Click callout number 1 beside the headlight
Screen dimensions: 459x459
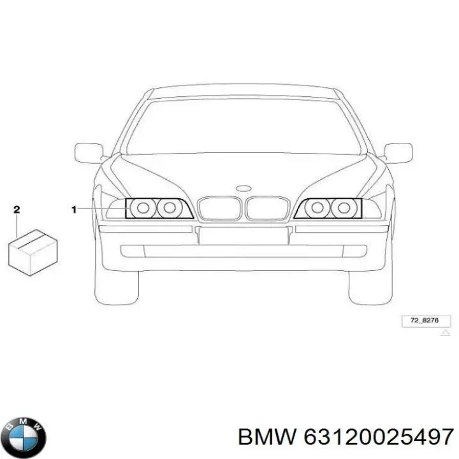coord(74,210)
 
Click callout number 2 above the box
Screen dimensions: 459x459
coord(17,210)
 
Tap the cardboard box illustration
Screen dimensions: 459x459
coord(33,252)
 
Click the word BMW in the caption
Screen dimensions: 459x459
coord(267,437)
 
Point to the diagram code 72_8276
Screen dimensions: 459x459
coord(425,320)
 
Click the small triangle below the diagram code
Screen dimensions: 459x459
coord(445,333)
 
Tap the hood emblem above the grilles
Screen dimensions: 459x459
coord(244,188)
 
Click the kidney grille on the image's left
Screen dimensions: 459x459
coord(219,208)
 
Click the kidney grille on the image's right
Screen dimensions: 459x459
coord(268,208)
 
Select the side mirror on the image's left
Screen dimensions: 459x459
coord(89,153)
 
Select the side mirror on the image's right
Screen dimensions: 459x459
coord(398,153)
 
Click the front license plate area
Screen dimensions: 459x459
coord(244,236)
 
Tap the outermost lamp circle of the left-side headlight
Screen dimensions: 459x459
coord(143,208)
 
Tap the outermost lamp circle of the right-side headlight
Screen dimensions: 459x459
coord(344,208)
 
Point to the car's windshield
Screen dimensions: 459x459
coord(244,126)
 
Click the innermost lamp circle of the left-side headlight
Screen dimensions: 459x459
coord(170,208)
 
